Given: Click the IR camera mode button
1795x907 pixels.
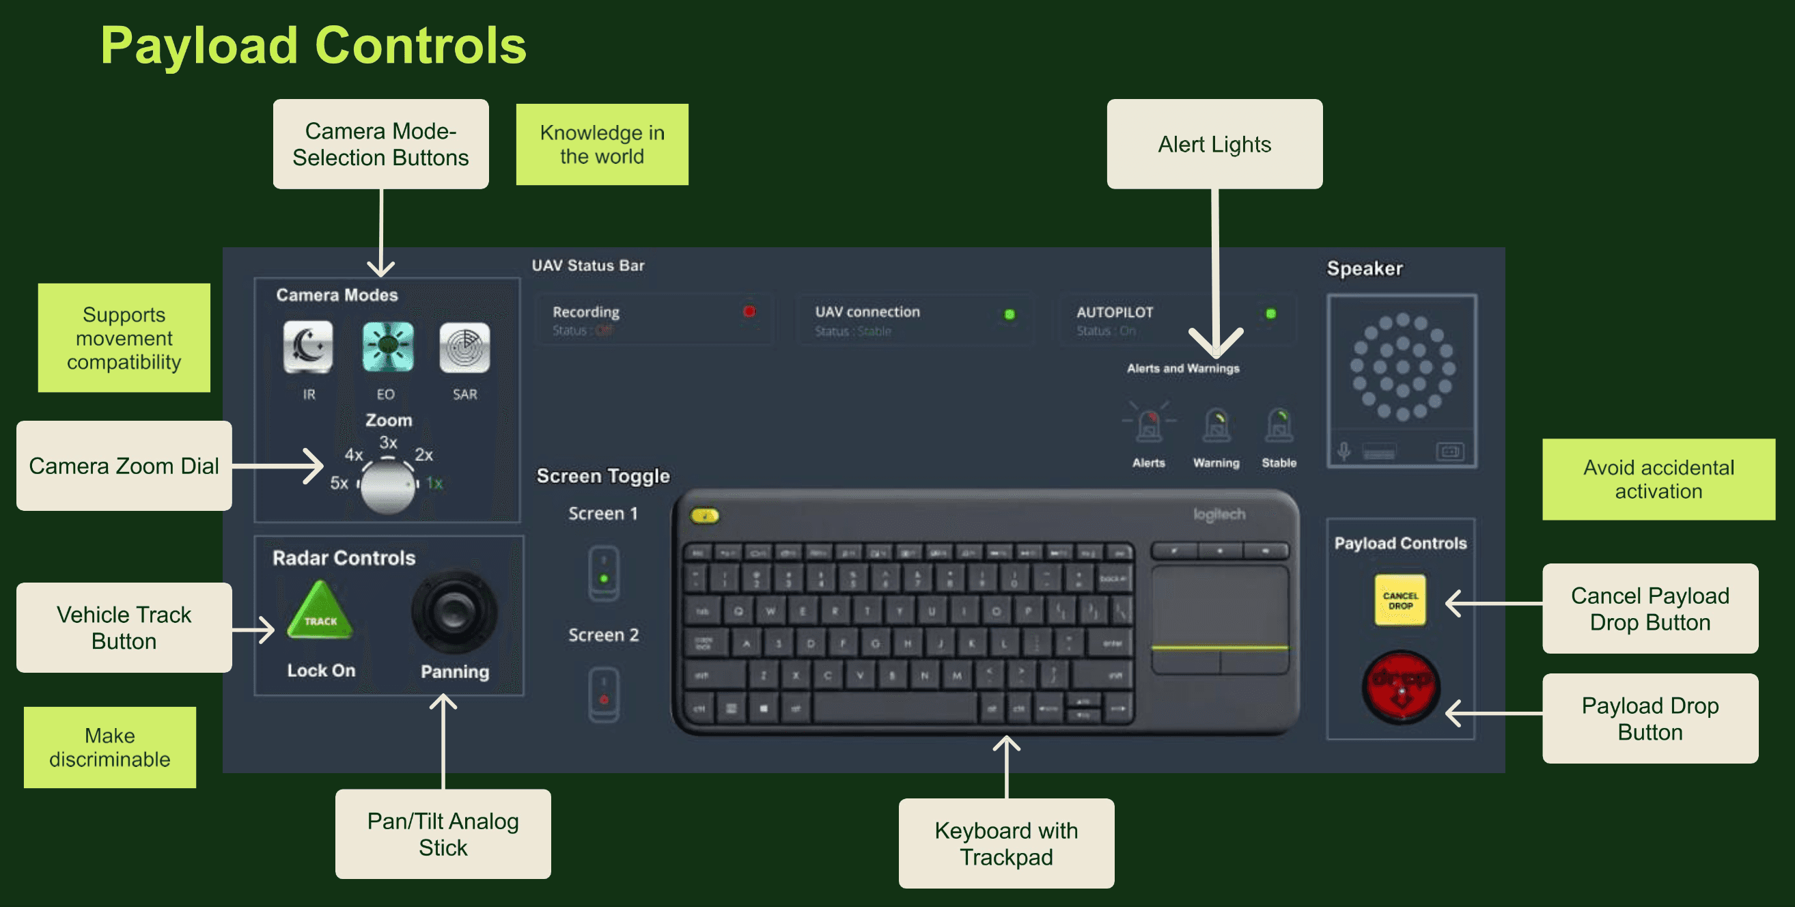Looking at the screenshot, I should (x=307, y=346).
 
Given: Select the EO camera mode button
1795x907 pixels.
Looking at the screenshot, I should (x=387, y=346).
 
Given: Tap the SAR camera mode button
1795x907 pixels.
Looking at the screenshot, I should (x=464, y=346).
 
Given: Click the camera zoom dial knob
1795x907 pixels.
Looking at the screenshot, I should (x=388, y=486).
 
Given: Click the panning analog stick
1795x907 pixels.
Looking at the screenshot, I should (x=454, y=613).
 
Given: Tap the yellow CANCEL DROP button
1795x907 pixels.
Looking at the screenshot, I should (x=1400, y=600).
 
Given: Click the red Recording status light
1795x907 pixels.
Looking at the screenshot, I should (x=749, y=311).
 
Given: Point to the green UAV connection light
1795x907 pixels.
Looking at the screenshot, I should (x=1009, y=314).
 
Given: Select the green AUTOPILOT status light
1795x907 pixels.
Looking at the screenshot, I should (x=1270, y=313).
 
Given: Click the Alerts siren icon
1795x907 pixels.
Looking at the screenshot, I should (x=1148, y=424).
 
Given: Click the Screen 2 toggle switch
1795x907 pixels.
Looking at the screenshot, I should (x=603, y=695).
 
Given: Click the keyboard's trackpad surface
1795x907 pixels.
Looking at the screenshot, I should (x=1219, y=604).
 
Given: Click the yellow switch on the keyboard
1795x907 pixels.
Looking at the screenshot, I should (x=704, y=516).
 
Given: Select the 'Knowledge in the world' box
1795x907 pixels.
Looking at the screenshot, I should (x=602, y=144).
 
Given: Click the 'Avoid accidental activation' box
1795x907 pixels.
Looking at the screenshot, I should (x=1658, y=479).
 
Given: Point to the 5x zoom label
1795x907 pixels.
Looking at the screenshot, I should (x=339, y=483).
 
